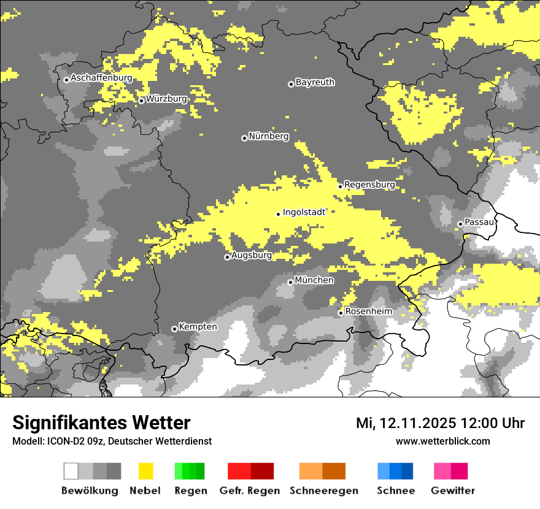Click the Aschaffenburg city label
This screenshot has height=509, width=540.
[x=101, y=78]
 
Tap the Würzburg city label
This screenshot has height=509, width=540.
[x=166, y=99]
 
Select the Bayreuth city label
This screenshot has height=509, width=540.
[x=315, y=82]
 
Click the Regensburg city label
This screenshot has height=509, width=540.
[x=369, y=185]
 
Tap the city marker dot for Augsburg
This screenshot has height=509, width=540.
[x=227, y=257]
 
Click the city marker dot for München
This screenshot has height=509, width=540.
[x=291, y=282]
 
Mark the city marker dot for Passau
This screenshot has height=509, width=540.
[x=460, y=224]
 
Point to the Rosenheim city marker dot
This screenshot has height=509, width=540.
[x=341, y=313]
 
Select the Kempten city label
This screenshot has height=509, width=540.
[x=198, y=327]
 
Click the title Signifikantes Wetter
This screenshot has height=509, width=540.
[x=101, y=423]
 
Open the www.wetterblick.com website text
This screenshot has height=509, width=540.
[x=442, y=441]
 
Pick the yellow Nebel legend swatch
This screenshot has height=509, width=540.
[x=145, y=471]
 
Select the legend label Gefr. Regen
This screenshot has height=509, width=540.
[x=250, y=491]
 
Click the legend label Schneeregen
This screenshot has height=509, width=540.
[x=324, y=491]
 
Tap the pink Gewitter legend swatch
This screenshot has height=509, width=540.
[x=442, y=471]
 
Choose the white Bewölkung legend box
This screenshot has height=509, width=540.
[x=71, y=471]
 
